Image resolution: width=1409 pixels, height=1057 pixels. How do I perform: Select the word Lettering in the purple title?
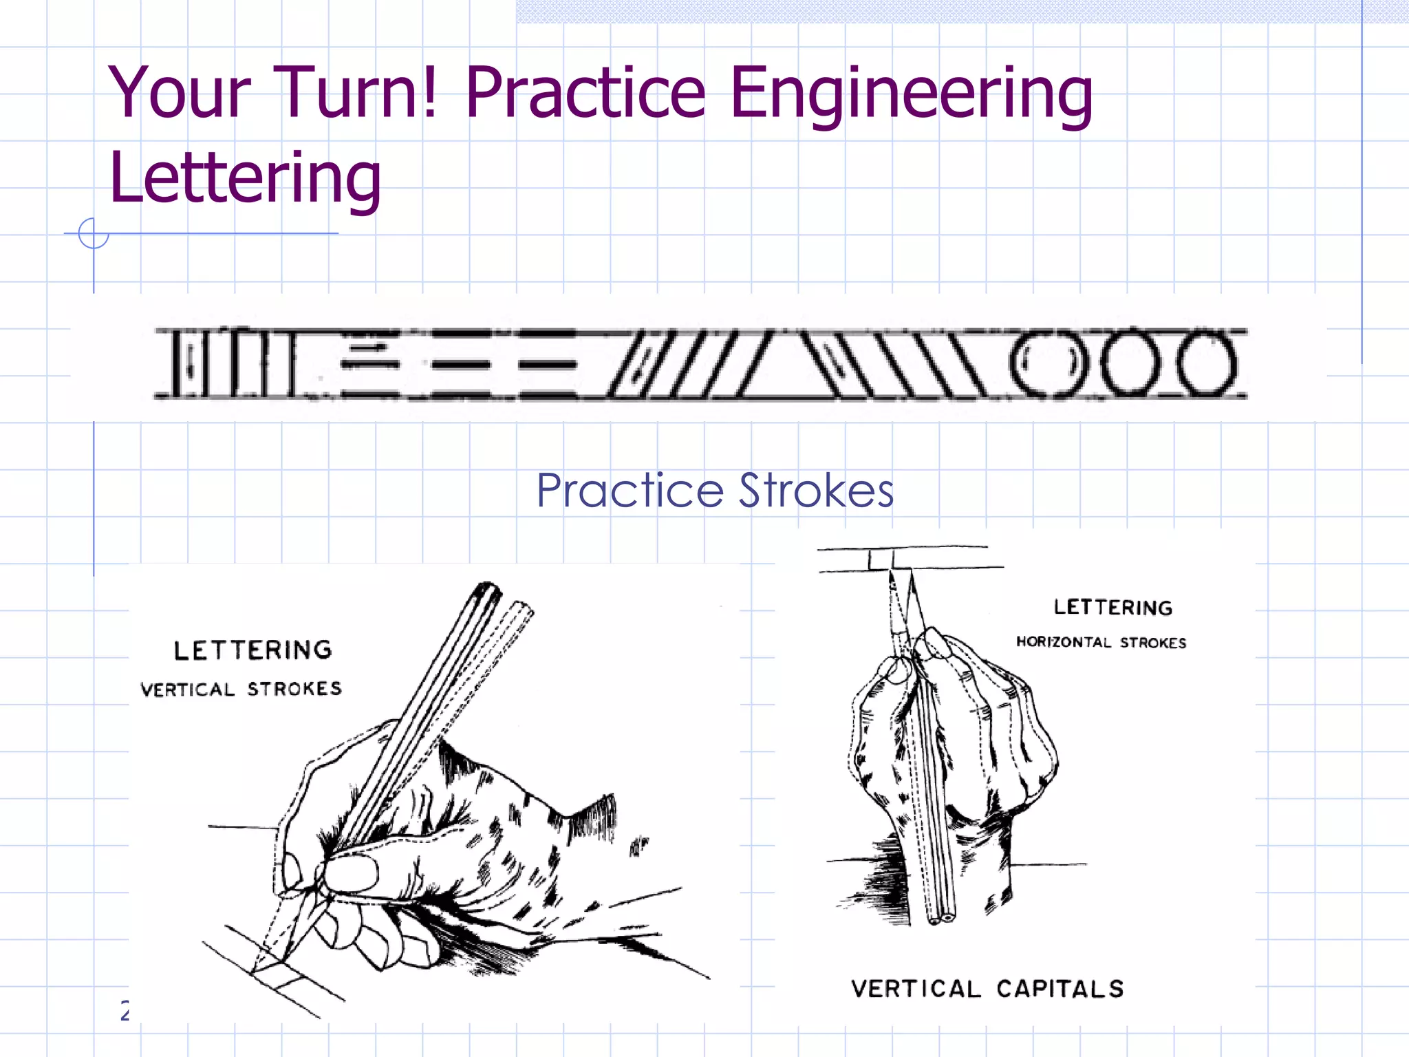point(245,179)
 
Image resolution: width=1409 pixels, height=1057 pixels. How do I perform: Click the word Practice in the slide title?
point(585,93)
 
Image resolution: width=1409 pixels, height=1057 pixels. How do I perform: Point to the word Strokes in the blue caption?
point(816,491)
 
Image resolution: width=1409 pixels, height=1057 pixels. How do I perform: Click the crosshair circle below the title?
point(94,233)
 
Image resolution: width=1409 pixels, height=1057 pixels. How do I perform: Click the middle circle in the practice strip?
point(1128,363)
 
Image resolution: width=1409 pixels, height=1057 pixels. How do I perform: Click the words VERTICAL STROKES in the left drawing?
point(241,689)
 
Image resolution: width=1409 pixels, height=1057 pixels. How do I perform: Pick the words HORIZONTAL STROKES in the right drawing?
point(1101,642)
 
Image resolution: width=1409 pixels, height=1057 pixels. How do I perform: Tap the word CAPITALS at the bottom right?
point(1060,989)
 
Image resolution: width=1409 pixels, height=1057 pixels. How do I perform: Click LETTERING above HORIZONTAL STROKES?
point(1112,607)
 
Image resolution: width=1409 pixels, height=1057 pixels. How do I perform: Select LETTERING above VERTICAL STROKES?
point(252,650)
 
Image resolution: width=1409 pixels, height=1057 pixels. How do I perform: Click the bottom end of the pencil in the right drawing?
point(941,918)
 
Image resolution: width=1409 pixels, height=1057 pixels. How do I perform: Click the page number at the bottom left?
point(125,1010)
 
